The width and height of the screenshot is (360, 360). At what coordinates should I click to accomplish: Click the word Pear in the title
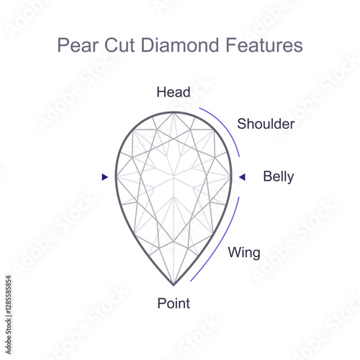click(x=78, y=45)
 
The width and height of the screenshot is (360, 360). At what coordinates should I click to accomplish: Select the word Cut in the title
click(x=119, y=45)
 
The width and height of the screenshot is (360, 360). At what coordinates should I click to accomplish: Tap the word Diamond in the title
click(x=179, y=45)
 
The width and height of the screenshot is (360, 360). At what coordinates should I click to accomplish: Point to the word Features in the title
click(x=264, y=45)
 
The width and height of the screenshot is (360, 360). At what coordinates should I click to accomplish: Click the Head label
click(x=174, y=92)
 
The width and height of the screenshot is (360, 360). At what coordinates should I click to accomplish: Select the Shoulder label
click(x=266, y=124)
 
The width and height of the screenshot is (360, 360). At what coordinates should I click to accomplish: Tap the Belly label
click(x=279, y=176)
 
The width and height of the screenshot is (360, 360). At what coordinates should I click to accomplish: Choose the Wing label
click(x=244, y=253)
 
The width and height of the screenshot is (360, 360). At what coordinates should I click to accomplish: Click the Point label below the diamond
click(x=174, y=303)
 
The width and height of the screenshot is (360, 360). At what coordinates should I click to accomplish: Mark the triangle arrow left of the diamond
click(x=104, y=177)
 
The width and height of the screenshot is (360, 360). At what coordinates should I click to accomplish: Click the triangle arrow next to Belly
click(x=242, y=177)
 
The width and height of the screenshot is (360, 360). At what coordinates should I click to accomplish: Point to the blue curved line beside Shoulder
click(x=228, y=127)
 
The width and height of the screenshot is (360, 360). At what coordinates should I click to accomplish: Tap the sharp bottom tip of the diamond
click(x=174, y=285)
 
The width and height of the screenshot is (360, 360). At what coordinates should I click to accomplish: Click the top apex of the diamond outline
click(x=174, y=112)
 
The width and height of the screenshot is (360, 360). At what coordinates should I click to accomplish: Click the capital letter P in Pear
click(x=62, y=45)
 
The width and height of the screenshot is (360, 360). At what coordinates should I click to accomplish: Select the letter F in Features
click(x=230, y=45)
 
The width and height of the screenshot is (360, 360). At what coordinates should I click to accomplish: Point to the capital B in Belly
click(x=267, y=176)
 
